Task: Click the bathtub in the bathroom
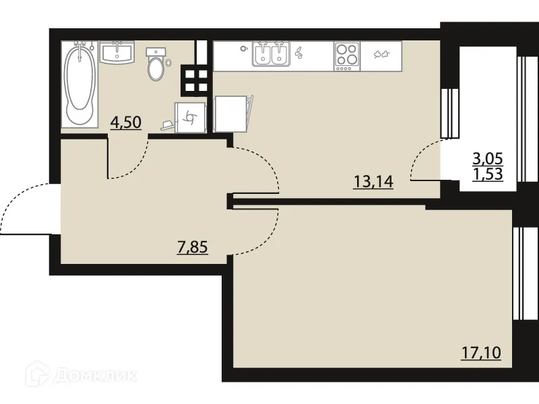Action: [x=80, y=84]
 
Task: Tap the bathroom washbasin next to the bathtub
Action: [x=117, y=53]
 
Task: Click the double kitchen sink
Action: [x=271, y=55]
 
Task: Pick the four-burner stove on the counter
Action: [x=346, y=55]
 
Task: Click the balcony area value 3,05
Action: [x=488, y=159]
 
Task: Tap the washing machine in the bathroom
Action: [x=187, y=116]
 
